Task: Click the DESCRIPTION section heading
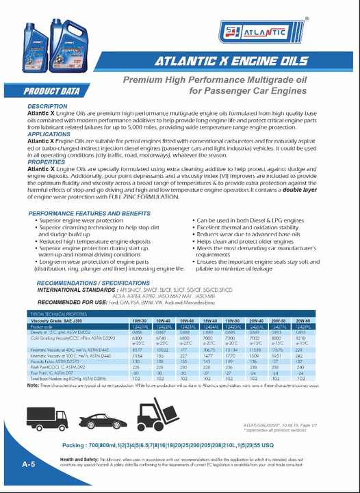47,107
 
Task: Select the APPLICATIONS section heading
49,134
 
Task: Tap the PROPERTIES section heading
46,162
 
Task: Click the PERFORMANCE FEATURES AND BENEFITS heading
90,214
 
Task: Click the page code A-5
28,465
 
